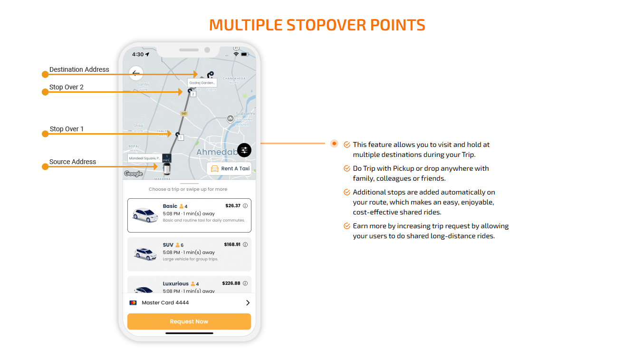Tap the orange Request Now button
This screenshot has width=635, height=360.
189,321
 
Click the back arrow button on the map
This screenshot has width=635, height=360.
136,73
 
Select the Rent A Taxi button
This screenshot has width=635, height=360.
230,169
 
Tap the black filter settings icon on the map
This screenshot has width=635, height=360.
244,150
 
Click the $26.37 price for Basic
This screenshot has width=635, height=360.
233,206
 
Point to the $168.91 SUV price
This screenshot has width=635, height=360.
232,244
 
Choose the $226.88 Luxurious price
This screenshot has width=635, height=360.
231,283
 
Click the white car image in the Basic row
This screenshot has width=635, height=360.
145,215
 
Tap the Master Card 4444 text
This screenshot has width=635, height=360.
165,303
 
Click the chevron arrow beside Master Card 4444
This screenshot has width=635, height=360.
248,303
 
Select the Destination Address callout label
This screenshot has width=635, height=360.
79,69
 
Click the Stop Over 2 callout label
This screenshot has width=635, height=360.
67,88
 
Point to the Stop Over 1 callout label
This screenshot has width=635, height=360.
67,129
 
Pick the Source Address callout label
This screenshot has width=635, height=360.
73,162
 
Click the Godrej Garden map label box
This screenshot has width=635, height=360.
202,83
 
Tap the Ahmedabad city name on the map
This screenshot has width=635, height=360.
217,152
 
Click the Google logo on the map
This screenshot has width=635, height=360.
134,174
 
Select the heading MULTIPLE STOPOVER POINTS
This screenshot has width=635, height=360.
317,25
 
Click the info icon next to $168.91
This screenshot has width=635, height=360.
245,245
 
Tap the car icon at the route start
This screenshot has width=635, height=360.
166,169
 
